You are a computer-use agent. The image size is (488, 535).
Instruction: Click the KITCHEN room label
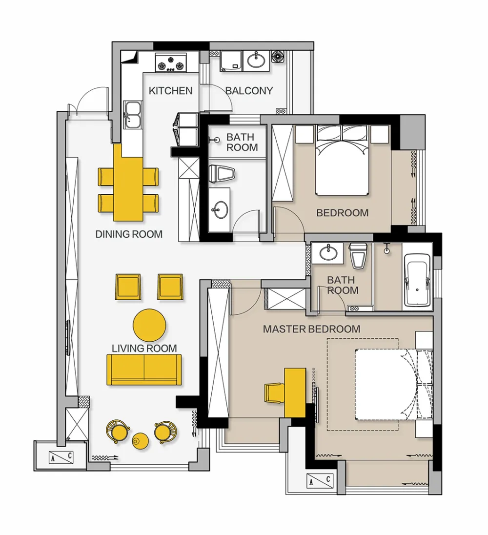[x=170, y=91]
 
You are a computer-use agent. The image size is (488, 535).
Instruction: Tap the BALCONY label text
[x=249, y=91]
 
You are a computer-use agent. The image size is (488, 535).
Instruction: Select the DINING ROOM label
[x=129, y=234]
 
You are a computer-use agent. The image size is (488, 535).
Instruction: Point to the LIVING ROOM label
[x=144, y=349]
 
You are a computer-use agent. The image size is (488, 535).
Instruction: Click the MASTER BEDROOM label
[x=312, y=329]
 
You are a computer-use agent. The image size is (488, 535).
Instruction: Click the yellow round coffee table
[x=149, y=325]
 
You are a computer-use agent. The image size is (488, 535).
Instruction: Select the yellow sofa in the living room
[x=144, y=370]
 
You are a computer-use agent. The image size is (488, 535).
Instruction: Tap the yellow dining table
[x=128, y=183]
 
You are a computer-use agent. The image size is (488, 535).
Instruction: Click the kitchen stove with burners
[x=171, y=62]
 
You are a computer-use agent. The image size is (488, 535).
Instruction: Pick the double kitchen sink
[x=133, y=115]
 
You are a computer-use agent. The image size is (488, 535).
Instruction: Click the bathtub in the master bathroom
[x=417, y=280]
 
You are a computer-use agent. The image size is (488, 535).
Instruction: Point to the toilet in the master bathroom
[x=358, y=255]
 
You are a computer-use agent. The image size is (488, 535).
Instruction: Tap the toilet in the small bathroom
[x=222, y=174]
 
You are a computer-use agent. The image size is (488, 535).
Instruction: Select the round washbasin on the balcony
[x=256, y=61]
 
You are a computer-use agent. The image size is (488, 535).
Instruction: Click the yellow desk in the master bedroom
[x=295, y=392]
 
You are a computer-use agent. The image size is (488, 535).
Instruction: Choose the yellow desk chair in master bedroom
[x=274, y=393]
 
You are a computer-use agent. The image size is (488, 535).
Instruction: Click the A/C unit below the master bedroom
[x=320, y=480]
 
